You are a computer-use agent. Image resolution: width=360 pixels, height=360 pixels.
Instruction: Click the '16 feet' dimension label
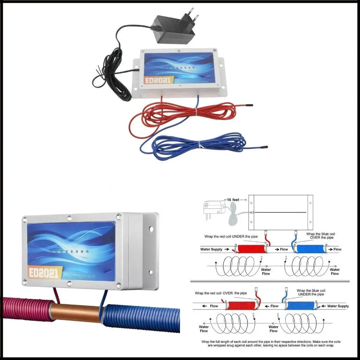(x=232, y=200)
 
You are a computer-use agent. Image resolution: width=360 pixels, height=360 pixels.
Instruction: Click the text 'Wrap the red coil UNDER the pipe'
(x=232, y=236)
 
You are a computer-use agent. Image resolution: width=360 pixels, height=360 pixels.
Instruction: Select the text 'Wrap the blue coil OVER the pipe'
(x=320, y=236)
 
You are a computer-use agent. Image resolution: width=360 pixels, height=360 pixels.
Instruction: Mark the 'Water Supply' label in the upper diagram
(x=211, y=249)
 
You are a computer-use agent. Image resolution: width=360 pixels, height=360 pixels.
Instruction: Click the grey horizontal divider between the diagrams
(x=270, y=281)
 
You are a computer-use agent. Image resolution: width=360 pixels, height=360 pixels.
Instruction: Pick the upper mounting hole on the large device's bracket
(x=152, y=229)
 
